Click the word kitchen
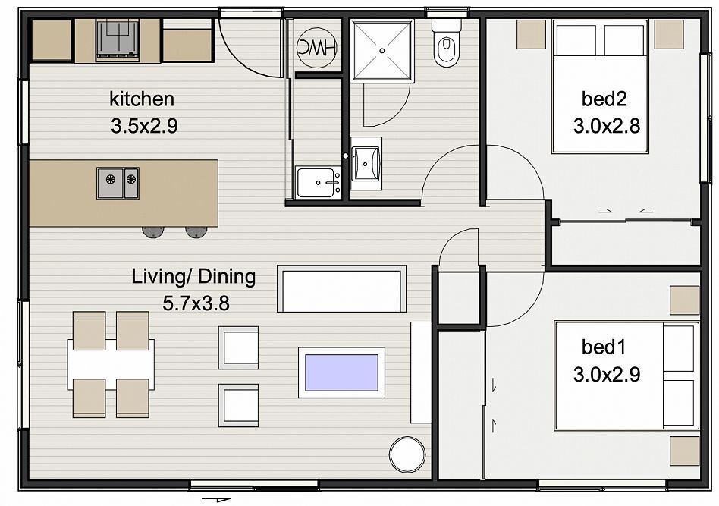(x=142, y=99)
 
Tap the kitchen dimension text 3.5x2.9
(x=144, y=126)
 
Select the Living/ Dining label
(x=193, y=277)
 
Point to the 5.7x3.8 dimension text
(x=196, y=303)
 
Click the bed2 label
(x=604, y=99)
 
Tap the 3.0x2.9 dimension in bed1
(x=606, y=375)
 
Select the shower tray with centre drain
(x=382, y=51)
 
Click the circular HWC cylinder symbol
(x=316, y=48)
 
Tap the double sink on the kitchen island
(x=118, y=183)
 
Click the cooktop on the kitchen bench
(x=118, y=39)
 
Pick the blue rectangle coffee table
(x=341, y=372)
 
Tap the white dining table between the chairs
(x=111, y=364)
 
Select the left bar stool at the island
(x=152, y=231)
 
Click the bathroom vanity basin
(x=366, y=163)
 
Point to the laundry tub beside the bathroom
(x=317, y=182)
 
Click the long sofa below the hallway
(x=341, y=289)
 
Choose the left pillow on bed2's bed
(x=576, y=40)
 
